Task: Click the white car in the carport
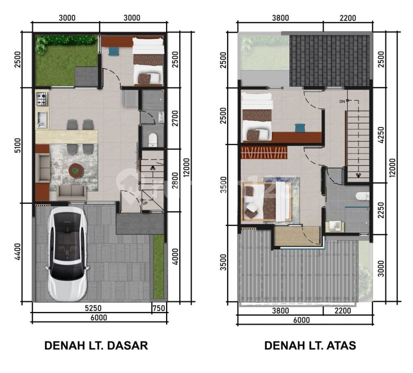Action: pos(67,254)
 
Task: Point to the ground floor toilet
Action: pos(153,140)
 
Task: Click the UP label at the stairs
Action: pos(145,203)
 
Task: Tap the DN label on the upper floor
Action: pos(342,101)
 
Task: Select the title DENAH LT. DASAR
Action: pos(96,345)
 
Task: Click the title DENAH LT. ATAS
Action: pos(310,345)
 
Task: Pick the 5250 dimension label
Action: pos(93,308)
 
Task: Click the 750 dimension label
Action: pos(159,308)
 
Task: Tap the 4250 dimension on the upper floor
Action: pos(381,135)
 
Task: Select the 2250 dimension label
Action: pos(381,210)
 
